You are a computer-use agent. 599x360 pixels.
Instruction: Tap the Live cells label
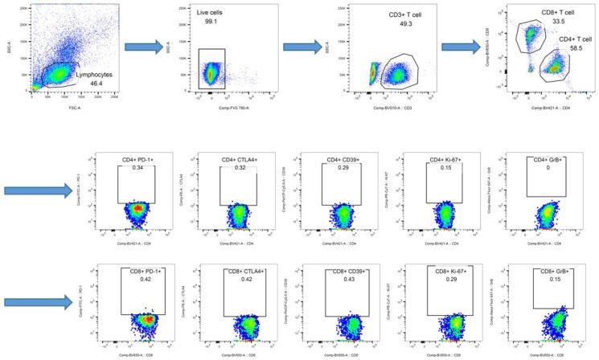coord(215,14)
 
